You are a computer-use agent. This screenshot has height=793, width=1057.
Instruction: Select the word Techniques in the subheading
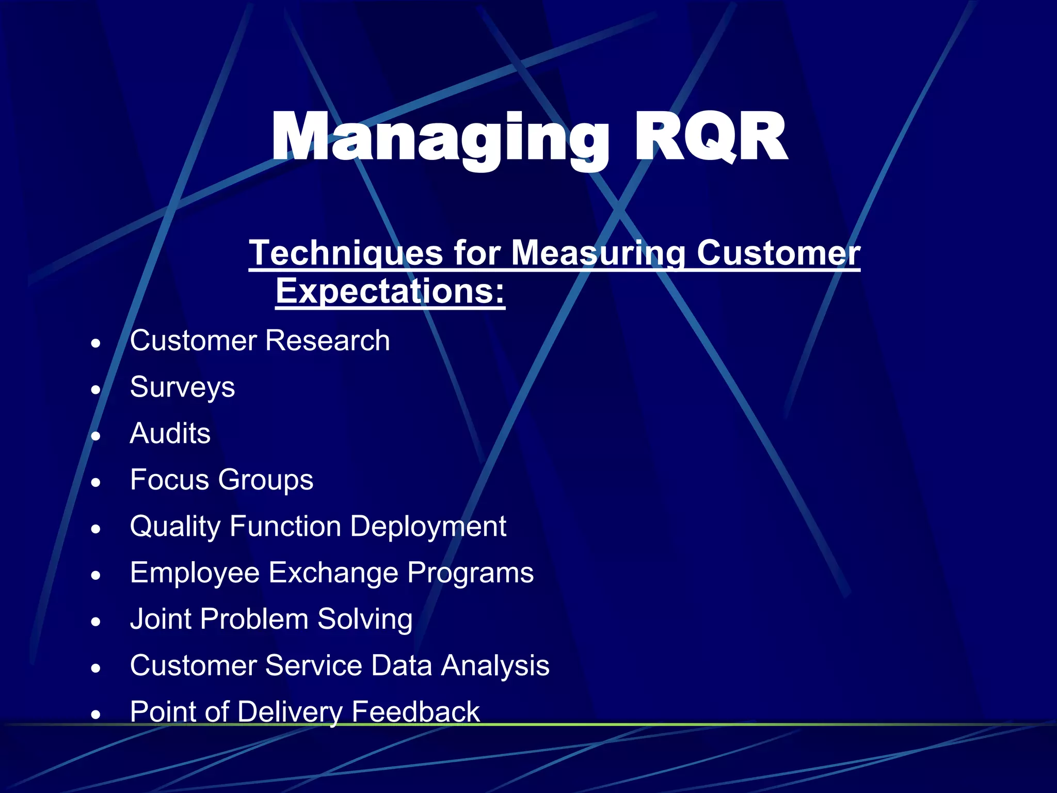coord(346,253)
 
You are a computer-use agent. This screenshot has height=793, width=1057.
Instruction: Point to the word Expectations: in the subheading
coord(390,291)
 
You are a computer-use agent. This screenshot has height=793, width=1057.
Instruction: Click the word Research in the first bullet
coord(327,341)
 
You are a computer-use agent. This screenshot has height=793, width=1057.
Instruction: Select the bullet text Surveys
coord(182,387)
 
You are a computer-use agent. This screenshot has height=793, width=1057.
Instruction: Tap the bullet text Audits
coord(170,433)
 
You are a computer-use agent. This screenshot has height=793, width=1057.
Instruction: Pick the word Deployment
coord(428,527)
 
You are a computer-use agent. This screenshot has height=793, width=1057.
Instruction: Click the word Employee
coord(195,573)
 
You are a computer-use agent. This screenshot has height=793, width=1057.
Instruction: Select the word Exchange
coord(333,573)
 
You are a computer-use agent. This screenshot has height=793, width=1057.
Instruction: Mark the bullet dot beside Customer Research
coord(95,343)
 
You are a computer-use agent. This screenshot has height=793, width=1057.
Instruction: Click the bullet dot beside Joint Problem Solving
coord(95,621)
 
